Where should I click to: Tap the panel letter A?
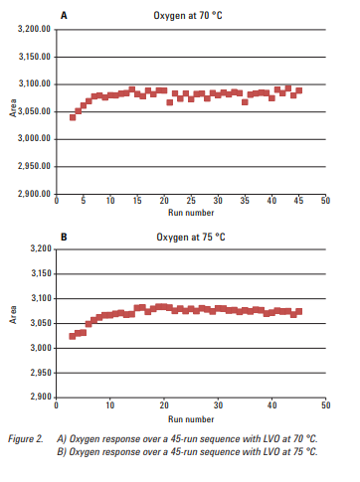click(65, 16)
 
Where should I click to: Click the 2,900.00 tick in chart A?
click(35, 192)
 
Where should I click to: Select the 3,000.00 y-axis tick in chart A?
click(35, 138)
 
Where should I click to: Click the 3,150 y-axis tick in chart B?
click(41, 272)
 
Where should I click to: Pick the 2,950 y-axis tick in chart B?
click(41, 373)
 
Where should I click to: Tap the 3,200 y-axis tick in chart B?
click(41, 247)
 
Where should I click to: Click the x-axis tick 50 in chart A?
click(325, 202)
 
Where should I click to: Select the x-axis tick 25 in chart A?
click(190, 202)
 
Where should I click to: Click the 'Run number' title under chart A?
click(190, 213)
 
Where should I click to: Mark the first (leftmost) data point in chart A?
click(73, 117)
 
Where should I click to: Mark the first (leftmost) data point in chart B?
click(73, 336)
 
